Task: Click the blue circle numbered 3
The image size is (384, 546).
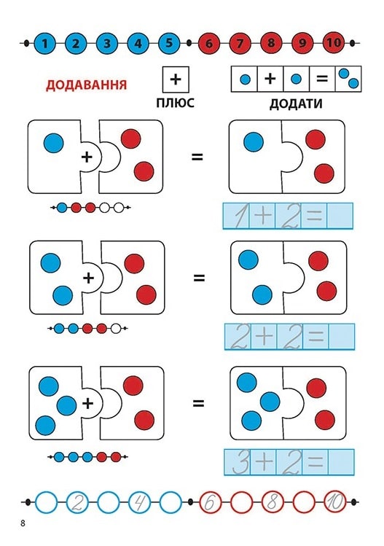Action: coord(107,44)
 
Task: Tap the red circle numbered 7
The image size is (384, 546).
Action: coord(240,44)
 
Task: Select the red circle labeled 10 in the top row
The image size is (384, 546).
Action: coord(334,43)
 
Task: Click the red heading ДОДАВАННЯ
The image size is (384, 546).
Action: coord(86,85)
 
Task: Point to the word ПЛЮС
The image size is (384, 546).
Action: coord(175,103)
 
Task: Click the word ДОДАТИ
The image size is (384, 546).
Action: coord(296,104)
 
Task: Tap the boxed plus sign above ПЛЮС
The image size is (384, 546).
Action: coord(176,79)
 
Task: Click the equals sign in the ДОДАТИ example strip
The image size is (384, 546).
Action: coord(322,79)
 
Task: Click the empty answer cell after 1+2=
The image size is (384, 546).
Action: coord(340,216)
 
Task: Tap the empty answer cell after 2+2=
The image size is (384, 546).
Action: coord(342,336)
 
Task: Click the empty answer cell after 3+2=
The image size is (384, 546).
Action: coord(341,462)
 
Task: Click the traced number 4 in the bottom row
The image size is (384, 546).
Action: coord(140,502)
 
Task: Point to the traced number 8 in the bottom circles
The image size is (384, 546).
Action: coord(273,502)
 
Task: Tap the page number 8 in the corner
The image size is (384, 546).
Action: coord(23,523)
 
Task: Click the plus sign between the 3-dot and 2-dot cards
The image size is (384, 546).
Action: coord(87,403)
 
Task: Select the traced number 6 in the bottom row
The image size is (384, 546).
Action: coord(210,502)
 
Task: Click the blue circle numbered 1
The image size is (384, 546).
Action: coord(44,44)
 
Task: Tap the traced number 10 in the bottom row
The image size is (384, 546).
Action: coord(335,502)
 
